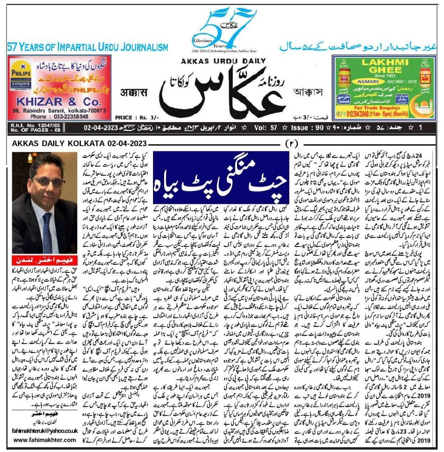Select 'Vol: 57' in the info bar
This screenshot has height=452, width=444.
(270, 128)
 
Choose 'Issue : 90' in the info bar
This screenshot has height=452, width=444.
(302, 128)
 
